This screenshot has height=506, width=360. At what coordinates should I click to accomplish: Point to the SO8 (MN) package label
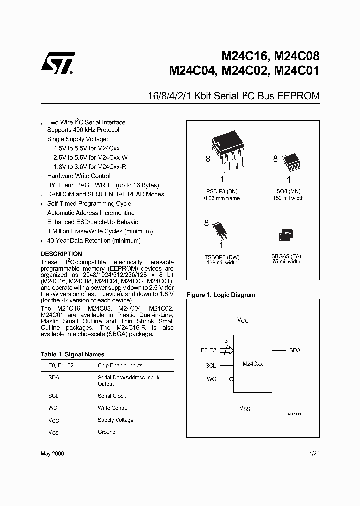(288, 191)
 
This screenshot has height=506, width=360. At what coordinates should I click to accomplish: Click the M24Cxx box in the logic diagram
(253, 364)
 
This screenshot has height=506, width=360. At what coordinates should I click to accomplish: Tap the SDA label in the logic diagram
(295, 351)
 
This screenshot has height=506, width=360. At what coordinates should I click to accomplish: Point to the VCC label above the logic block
(243, 320)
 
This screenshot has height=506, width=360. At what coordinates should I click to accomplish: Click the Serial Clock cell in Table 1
(112, 396)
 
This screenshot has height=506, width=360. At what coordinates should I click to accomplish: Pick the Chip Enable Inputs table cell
(120, 365)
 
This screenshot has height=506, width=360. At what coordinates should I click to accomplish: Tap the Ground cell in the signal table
(107, 432)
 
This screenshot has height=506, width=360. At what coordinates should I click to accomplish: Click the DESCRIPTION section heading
(61, 254)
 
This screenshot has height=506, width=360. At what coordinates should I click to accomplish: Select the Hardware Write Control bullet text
(79, 176)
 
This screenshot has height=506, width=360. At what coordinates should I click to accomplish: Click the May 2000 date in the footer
(52, 453)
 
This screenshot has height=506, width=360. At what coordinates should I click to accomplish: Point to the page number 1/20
(314, 453)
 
